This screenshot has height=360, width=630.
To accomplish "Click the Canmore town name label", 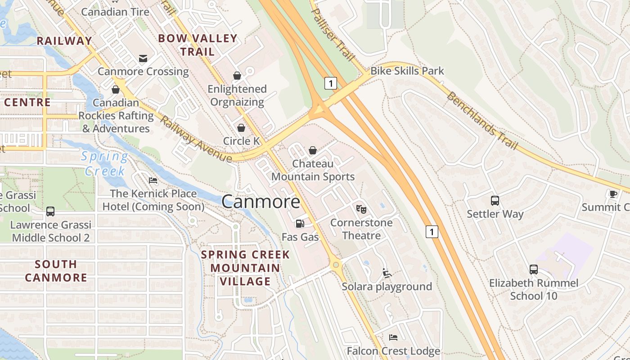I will click(261, 201).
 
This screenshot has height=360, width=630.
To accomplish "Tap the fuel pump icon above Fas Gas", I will click(300, 223).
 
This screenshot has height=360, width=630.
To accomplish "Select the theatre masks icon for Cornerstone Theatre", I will click(361, 209).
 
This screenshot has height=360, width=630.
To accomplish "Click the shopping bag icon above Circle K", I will click(241, 128).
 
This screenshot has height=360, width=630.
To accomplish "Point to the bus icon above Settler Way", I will click(495, 200).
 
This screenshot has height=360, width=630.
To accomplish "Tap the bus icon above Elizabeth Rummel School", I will click(533, 270).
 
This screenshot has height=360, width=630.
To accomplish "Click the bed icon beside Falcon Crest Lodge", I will click(393, 337).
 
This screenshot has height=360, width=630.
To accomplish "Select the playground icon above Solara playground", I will click(387, 273).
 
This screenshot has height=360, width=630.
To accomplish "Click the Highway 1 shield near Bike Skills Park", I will click(331, 83).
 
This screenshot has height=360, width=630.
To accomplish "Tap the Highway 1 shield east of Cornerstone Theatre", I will click(432, 232).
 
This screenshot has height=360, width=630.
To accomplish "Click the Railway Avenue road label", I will click(196, 140).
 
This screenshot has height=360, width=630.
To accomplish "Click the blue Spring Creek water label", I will click(105, 164).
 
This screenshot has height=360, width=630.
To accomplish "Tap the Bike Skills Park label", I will click(407, 71).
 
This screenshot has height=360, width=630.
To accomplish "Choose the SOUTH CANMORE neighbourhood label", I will click(56, 271).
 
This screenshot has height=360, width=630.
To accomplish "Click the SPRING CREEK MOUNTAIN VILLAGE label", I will click(245, 268).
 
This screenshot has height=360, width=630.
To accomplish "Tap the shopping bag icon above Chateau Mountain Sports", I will click(313, 150).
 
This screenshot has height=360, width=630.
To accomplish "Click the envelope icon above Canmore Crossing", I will click(143, 58).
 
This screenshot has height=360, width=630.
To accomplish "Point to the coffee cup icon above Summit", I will click(613, 194).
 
